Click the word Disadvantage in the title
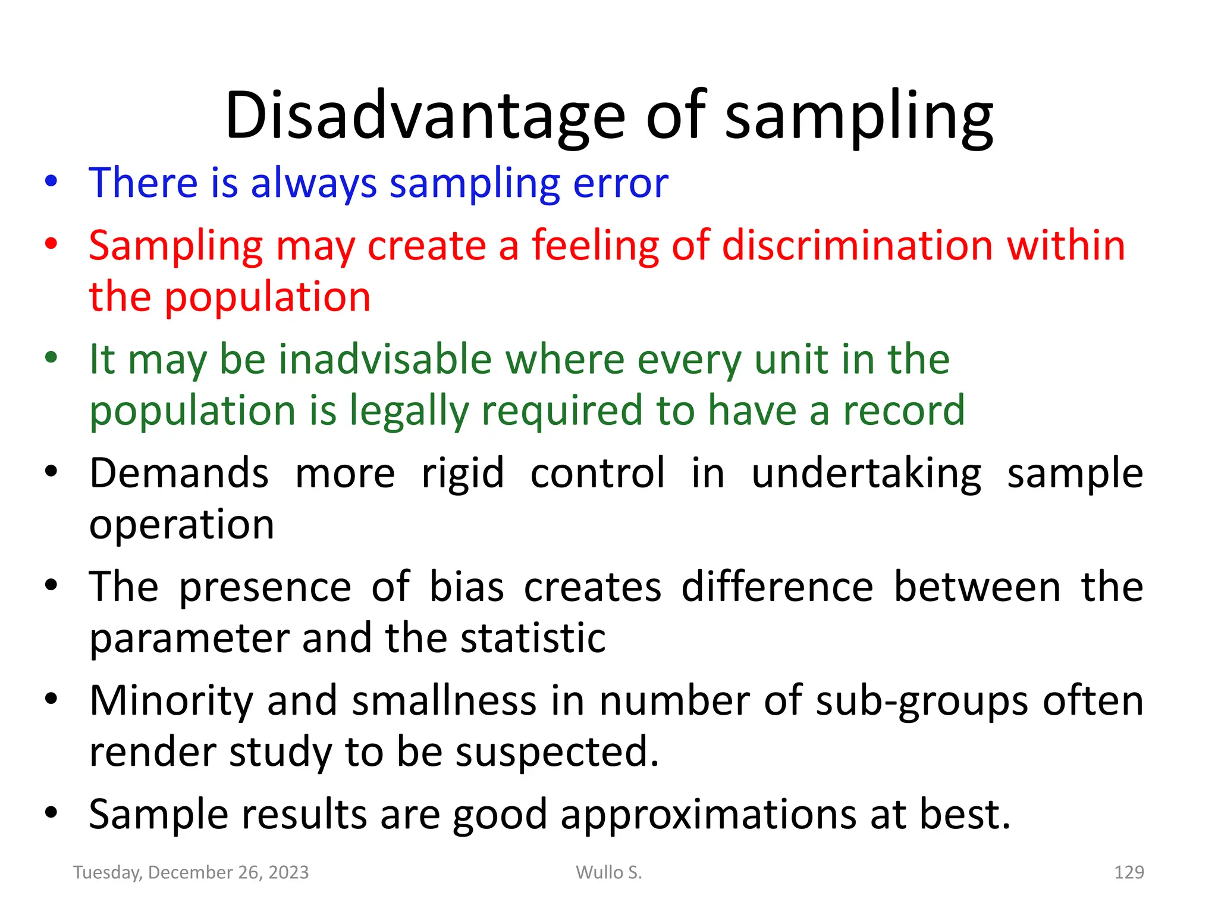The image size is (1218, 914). coord(425,116)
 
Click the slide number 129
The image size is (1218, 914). coord(1128,872)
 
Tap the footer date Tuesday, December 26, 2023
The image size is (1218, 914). coord(191,872)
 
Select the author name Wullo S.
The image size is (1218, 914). coord(609,872)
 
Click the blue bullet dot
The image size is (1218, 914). coord(51,181)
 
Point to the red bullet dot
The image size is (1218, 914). coord(51,244)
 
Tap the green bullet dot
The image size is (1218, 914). coord(51,358)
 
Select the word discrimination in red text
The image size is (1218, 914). coord(857,245)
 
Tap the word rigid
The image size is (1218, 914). coord(463,473)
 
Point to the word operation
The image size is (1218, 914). coord(181,525)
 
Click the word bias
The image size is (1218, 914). coord(466,587)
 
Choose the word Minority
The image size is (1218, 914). coord(171,701)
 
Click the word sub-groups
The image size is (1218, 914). coord(922,701)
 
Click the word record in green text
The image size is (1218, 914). coord(903,411)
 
